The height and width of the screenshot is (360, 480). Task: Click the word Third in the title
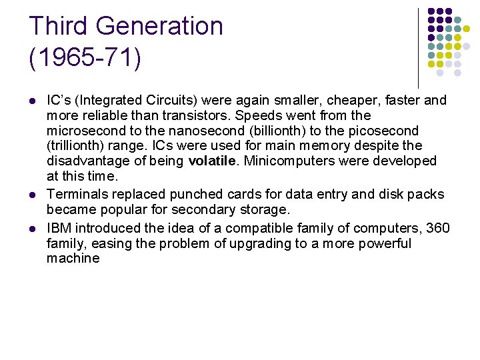click(x=59, y=26)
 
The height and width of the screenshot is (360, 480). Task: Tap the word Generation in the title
click(x=160, y=26)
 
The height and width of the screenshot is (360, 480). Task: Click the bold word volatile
click(x=211, y=161)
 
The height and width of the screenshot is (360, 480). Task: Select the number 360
click(x=437, y=229)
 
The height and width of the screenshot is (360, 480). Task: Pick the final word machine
click(x=73, y=258)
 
